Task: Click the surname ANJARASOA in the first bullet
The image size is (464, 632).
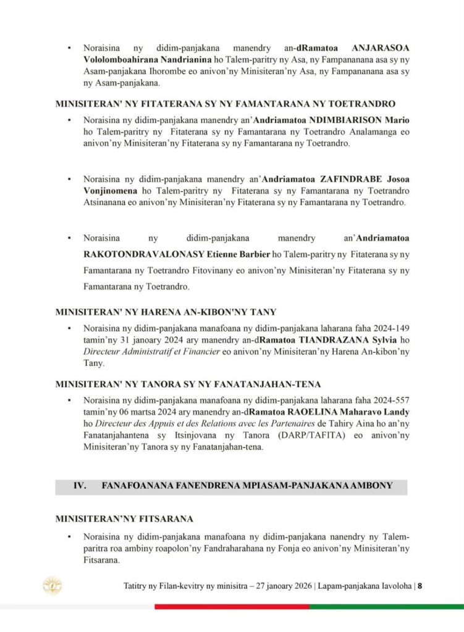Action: click(380, 48)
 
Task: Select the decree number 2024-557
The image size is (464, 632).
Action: click(389, 400)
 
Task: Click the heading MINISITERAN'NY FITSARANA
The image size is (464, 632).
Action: click(124, 518)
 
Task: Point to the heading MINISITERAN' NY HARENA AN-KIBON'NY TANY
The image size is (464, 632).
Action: click(166, 312)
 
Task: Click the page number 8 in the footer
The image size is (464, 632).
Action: click(420, 586)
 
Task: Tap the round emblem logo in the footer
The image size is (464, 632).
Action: click(51, 586)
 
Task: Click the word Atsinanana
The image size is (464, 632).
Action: click(106, 202)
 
